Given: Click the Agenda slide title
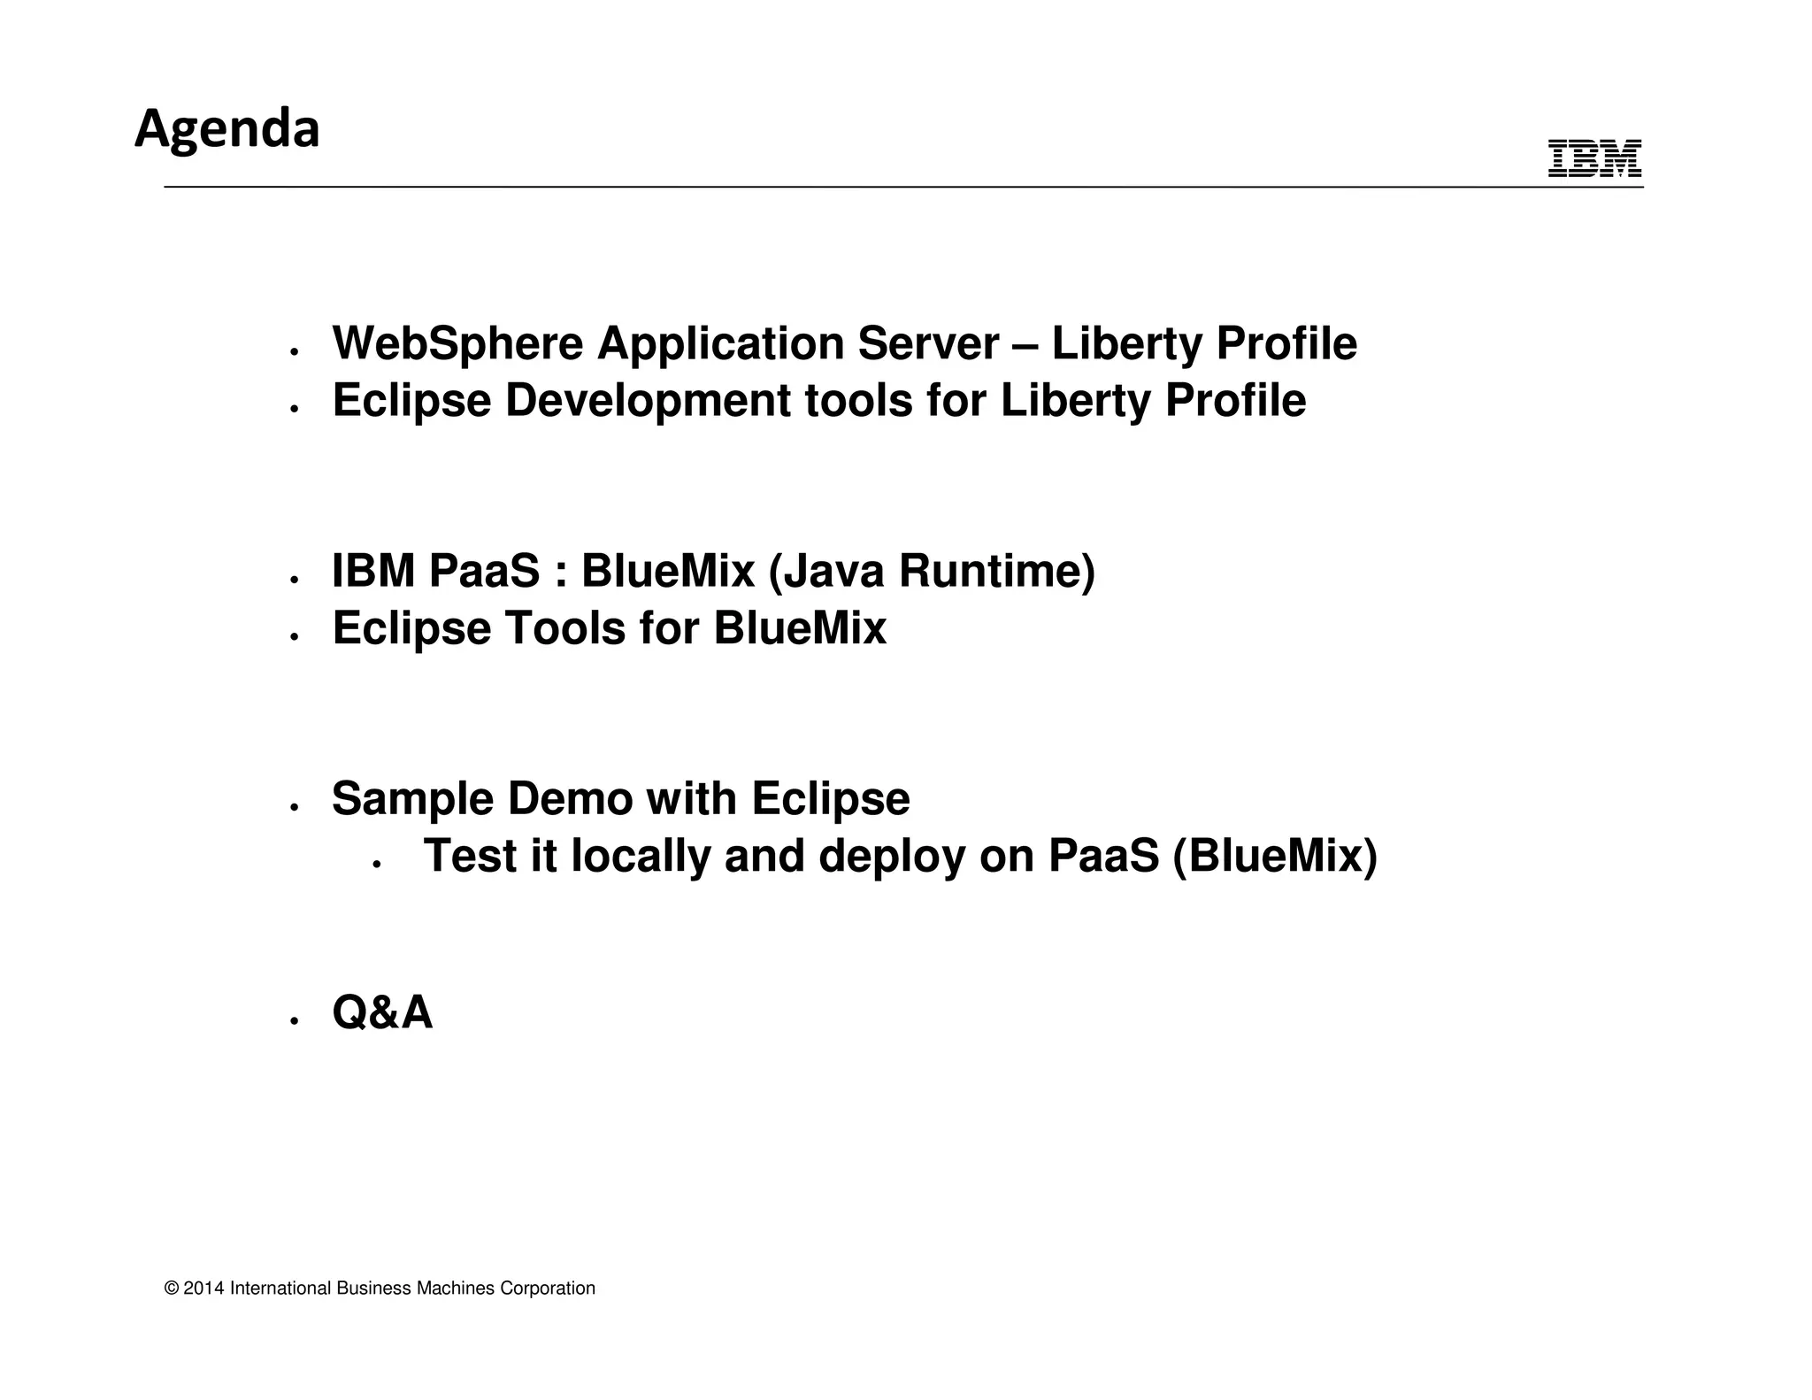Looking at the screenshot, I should [226, 129].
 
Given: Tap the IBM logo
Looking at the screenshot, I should [1594, 159].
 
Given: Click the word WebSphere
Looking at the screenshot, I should [457, 343].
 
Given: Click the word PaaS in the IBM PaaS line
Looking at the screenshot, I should [484, 571].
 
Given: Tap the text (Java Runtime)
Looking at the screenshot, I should [932, 571].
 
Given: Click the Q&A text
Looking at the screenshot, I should [382, 1012].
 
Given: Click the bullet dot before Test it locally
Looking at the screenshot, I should [376, 865].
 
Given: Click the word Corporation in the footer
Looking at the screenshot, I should [548, 1288].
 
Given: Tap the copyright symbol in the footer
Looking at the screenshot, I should [172, 1288].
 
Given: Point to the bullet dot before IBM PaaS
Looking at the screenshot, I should [294, 581].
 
